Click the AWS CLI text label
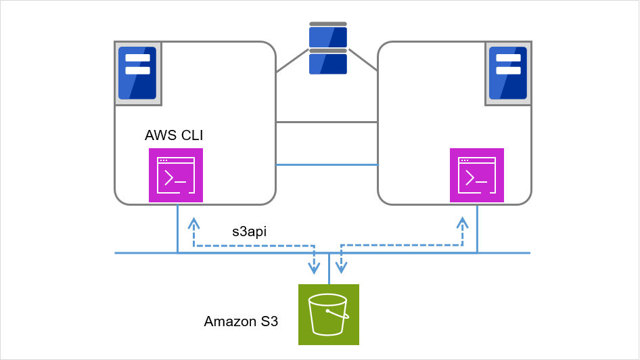coord(174,135)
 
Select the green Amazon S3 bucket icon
coord(328,315)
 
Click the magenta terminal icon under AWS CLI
coord(175,176)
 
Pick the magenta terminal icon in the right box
coord(477,176)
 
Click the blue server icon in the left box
coord(137,73)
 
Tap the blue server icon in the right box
coord(508,73)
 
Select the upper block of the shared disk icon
coord(328,37)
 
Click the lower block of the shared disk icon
coord(328,64)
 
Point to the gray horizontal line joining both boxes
coord(327,122)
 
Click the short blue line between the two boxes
coord(327,164)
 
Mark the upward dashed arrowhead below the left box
coord(193,223)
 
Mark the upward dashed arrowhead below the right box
coord(463,223)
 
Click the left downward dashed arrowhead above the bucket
coord(314,269)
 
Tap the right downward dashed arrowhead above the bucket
coord(342,269)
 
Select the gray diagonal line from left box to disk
coord(292,62)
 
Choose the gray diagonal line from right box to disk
coord(362,61)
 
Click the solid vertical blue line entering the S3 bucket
coord(329,269)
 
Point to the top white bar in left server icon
coord(137,58)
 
